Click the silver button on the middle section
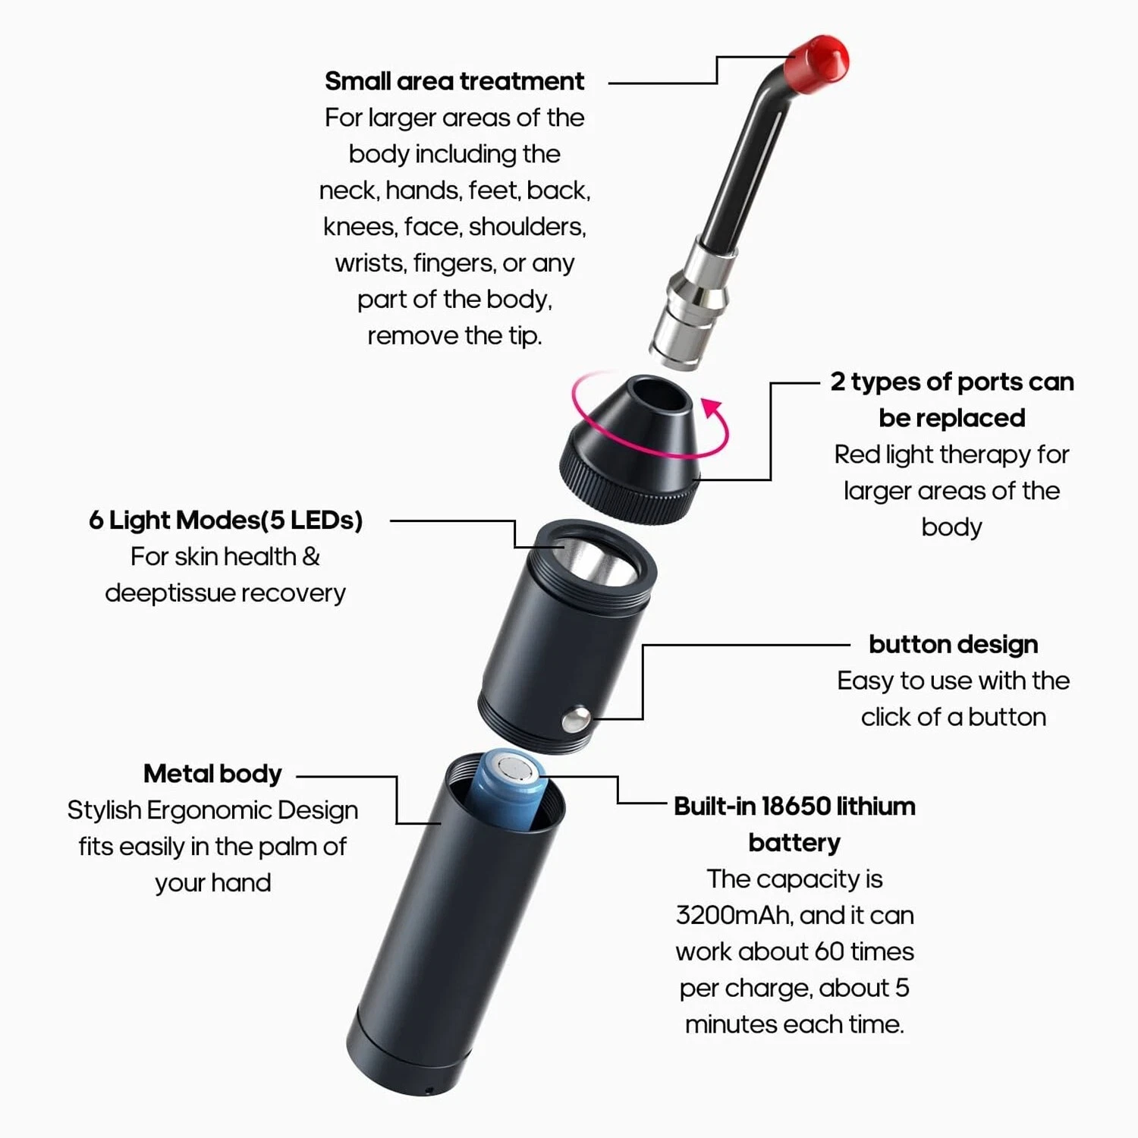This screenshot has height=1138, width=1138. click(x=577, y=720)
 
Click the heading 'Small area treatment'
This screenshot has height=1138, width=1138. click(x=454, y=81)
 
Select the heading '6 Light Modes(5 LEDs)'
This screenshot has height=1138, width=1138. click(x=225, y=520)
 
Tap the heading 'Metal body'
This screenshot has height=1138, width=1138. click(x=212, y=774)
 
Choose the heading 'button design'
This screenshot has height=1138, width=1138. click(x=953, y=645)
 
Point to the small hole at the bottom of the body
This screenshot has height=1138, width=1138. click(x=429, y=1090)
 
